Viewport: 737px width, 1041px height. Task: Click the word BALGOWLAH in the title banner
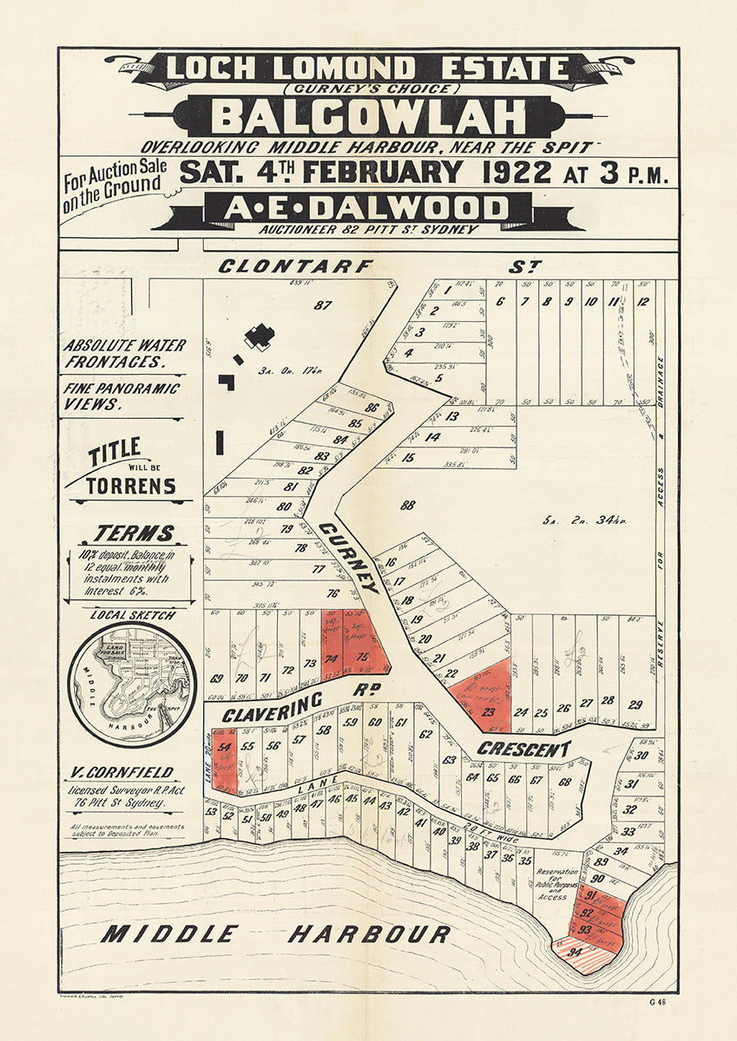click(368, 116)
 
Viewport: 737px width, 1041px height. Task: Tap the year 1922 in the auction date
click(510, 172)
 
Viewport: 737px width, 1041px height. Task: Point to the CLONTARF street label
click(295, 266)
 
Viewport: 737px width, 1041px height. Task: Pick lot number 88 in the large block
click(408, 504)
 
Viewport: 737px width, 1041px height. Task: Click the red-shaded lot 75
click(363, 657)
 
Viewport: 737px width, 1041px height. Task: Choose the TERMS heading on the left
click(134, 534)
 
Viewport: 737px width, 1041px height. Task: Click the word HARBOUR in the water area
click(369, 934)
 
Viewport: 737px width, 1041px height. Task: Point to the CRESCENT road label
click(524, 749)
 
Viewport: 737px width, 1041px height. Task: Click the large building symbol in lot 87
click(259, 336)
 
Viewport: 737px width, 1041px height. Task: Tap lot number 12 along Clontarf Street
click(643, 302)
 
